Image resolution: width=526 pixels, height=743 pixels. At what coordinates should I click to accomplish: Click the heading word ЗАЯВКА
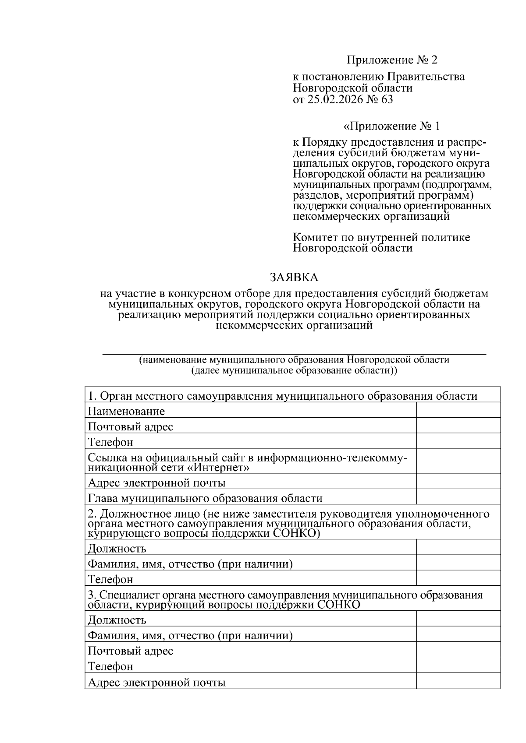tap(294, 278)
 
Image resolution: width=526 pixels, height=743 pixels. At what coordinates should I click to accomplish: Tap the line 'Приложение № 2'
tap(392, 60)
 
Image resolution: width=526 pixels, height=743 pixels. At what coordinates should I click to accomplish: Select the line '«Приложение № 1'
tap(391, 127)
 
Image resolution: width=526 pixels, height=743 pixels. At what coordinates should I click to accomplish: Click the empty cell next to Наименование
tap(458, 411)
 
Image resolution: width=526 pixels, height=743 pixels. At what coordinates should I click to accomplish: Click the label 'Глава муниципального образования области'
tap(205, 498)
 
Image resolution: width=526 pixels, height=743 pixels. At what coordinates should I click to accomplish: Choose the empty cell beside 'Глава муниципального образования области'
tap(458, 497)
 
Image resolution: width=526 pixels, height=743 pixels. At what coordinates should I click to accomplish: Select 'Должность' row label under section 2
tap(117, 549)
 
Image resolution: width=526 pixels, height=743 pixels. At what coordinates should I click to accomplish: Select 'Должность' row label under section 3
tap(117, 620)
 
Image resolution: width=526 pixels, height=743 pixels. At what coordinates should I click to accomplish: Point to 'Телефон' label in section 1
tap(110, 442)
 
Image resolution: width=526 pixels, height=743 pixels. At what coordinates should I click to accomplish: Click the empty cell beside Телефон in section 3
tap(458, 666)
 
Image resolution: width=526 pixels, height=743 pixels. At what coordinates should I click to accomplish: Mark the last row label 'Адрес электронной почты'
tap(156, 682)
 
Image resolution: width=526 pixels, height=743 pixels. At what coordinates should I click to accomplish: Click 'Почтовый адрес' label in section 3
tap(130, 651)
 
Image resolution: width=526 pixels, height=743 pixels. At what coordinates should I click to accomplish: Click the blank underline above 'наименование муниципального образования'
tap(294, 353)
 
